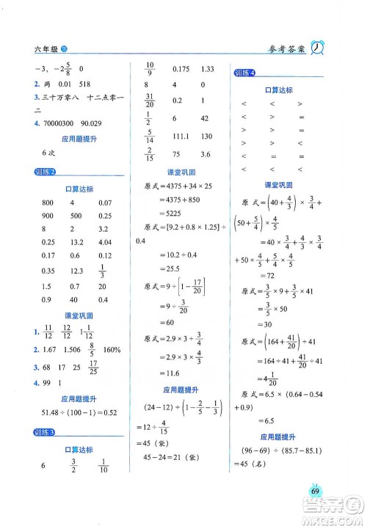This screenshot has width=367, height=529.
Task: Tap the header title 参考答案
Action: (283, 49)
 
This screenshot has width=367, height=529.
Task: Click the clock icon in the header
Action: (319, 48)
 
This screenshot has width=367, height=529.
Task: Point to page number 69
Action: (315, 492)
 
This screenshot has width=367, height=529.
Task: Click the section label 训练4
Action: (244, 72)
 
